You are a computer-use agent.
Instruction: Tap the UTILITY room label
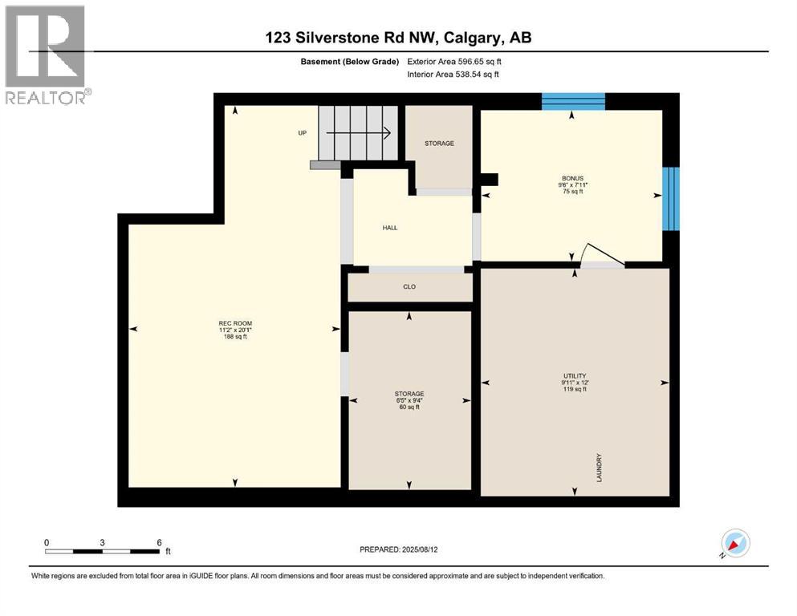pos(575,376)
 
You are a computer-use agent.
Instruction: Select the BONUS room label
pos(572,178)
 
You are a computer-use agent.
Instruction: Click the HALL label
pos(389,228)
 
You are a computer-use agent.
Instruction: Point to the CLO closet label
pos(409,286)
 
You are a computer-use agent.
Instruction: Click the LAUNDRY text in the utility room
pos(600,467)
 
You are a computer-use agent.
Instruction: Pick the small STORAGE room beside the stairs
pos(439,144)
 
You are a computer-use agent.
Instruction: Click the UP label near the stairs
pos(303,133)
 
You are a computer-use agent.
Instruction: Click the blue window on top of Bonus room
pos(572,101)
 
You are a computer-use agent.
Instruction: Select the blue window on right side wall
pos(670,198)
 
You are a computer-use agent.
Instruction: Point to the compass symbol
pos(734,543)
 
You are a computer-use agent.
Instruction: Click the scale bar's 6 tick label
pos(159,542)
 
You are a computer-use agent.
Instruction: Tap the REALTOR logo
pos(47,55)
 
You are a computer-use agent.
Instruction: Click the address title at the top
pos(399,38)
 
